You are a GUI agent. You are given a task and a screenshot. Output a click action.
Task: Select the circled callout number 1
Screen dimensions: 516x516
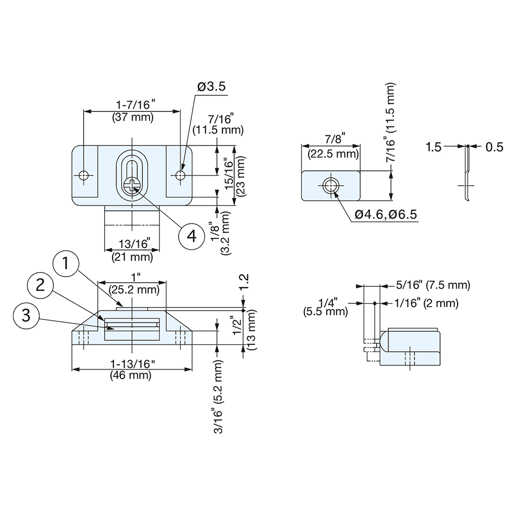click(x=66, y=264)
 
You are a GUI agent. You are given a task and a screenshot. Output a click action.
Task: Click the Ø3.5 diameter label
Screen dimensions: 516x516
click(x=211, y=87)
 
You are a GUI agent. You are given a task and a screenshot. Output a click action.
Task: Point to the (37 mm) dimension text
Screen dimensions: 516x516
click(x=133, y=117)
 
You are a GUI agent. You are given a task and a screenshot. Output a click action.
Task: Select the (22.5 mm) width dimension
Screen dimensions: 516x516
click(x=333, y=154)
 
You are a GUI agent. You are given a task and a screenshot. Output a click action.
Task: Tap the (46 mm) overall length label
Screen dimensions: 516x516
click(x=131, y=376)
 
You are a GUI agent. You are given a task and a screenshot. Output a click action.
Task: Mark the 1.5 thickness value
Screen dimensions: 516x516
click(x=433, y=147)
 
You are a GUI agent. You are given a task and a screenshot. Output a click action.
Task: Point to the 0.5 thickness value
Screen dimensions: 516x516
click(x=494, y=147)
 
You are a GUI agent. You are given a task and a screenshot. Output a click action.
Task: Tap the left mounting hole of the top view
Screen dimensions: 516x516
click(x=84, y=176)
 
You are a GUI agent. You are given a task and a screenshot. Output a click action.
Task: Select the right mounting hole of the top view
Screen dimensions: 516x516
click(x=180, y=176)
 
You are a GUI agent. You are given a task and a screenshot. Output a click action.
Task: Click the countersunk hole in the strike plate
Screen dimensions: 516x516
click(x=330, y=185)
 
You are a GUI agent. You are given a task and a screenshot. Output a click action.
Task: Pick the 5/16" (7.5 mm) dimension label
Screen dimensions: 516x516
click(x=433, y=285)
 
